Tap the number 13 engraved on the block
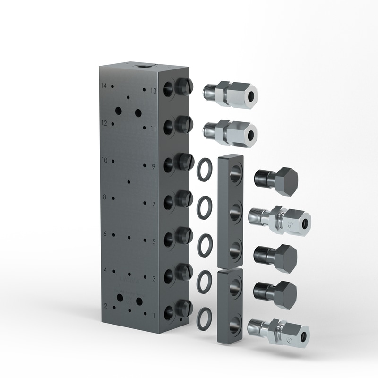coord(153,90)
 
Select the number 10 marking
coord(104,160)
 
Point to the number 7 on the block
coord(153,205)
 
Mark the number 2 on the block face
coord(105,306)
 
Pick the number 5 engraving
coord(153,241)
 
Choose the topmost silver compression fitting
coord(230,93)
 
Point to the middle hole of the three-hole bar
coord(234,212)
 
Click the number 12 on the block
coord(104,123)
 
